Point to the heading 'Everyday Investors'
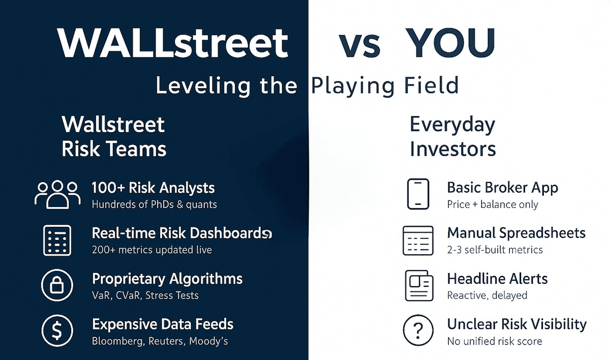tap(452, 137)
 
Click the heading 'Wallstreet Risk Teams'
tap(113, 137)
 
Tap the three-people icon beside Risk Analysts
tap(57, 194)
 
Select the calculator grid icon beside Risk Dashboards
tap(57, 240)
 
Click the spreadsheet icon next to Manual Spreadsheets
tap(418, 240)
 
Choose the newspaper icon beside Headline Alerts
tap(418, 285)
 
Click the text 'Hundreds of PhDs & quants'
tap(154, 205)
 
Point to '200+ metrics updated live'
tap(151, 250)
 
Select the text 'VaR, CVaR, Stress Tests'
tap(145, 295)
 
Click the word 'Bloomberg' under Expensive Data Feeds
tap(117, 341)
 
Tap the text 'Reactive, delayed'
tap(487, 295)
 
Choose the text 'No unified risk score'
tap(494, 341)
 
